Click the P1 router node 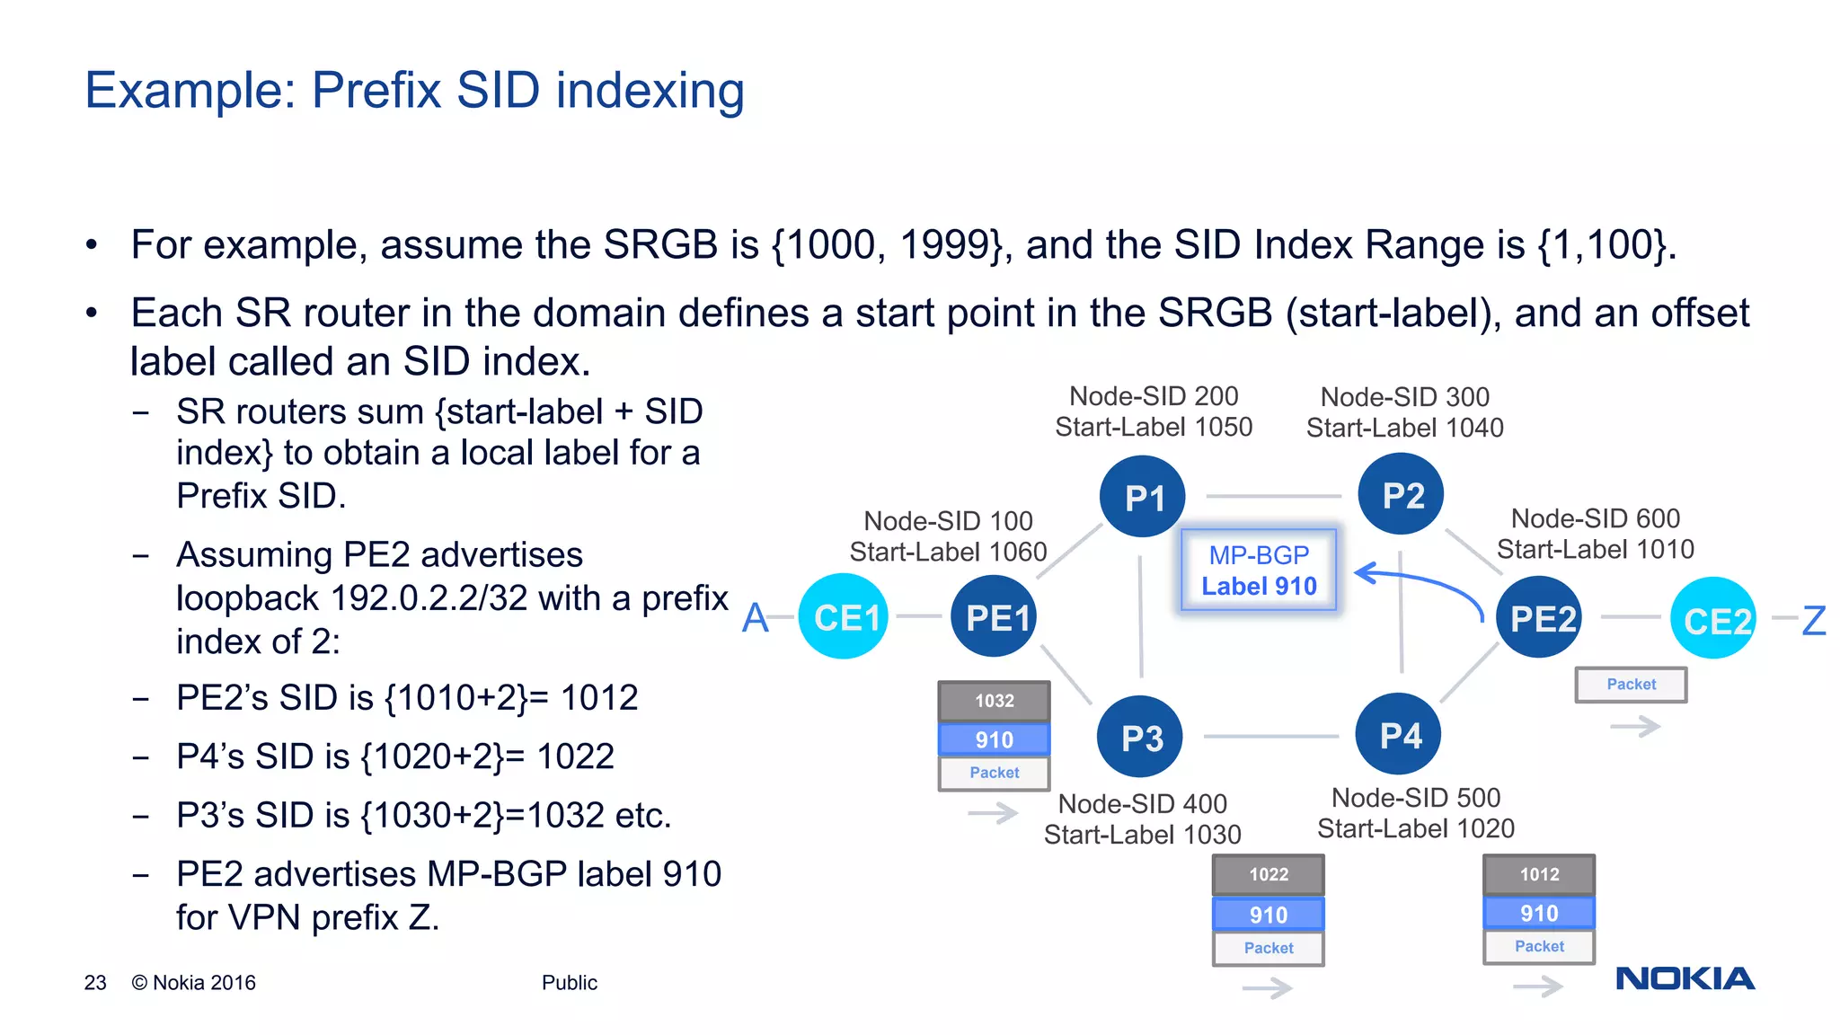[x=1143, y=497]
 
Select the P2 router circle [x=1401, y=495]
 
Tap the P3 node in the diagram [x=1140, y=738]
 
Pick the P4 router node [x=1398, y=735]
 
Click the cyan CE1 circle [x=844, y=617]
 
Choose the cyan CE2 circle [x=1713, y=619]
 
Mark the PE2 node [x=1540, y=618]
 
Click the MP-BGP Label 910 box [x=1259, y=571]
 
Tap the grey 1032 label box [x=994, y=701]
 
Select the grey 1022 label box [x=1268, y=874]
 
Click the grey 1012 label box [x=1539, y=874]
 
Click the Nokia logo [x=1685, y=978]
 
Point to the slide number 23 [x=95, y=983]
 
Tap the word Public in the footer [x=569, y=983]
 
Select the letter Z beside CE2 [x=1814, y=620]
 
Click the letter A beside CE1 [x=756, y=618]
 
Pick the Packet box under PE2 [x=1631, y=685]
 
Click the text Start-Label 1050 [x=1154, y=427]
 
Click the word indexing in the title [x=650, y=91]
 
